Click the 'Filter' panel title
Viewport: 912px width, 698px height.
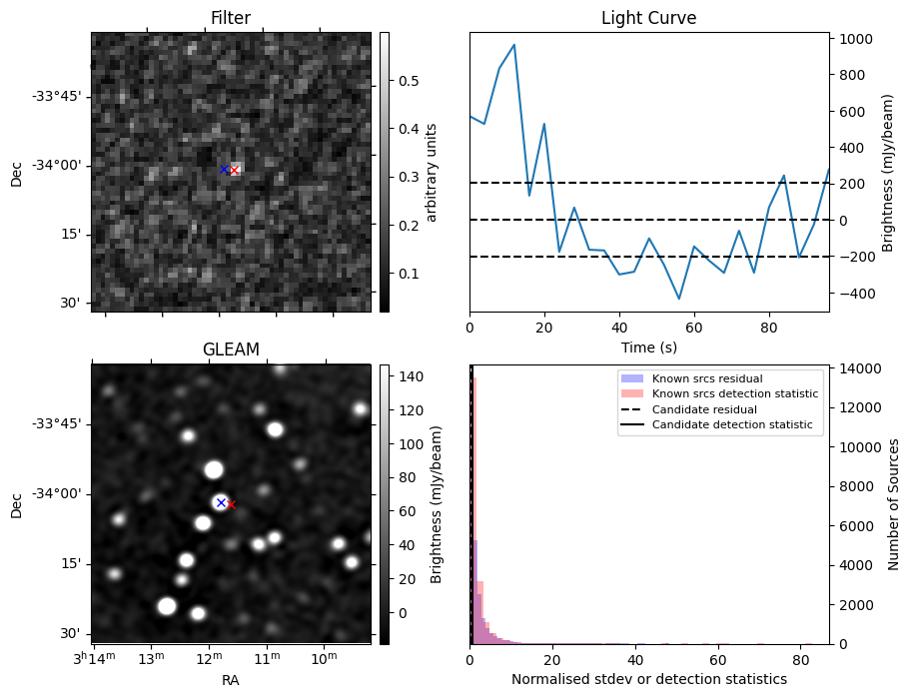(x=230, y=18)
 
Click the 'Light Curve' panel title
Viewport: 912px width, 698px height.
(x=648, y=18)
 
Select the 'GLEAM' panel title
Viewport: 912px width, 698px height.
(x=230, y=349)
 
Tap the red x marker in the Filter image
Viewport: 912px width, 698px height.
(x=234, y=171)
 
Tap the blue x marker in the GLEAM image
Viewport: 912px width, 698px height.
(x=221, y=502)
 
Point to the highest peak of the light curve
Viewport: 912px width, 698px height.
(x=513, y=45)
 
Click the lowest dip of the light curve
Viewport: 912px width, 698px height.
(x=679, y=299)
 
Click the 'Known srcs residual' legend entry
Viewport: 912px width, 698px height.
(x=706, y=378)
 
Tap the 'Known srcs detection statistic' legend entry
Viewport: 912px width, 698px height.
(x=734, y=393)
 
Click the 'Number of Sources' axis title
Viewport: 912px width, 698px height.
(x=894, y=503)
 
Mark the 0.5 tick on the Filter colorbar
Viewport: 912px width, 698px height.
(x=408, y=81)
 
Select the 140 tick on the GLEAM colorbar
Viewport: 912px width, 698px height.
(x=412, y=376)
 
